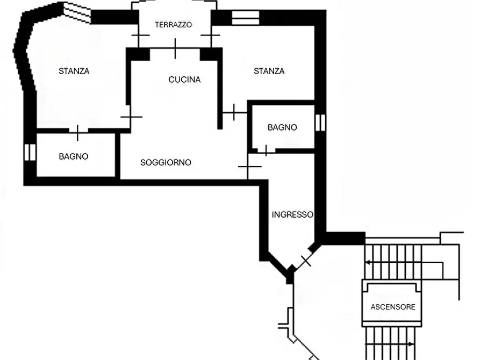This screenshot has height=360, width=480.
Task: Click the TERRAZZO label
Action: coord(173,25)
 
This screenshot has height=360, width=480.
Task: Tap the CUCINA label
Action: coord(184,80)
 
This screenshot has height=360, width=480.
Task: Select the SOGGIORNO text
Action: coord(166,162)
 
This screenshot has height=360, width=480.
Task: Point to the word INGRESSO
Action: coord(292,214)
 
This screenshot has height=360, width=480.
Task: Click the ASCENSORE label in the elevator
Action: coord(392,307)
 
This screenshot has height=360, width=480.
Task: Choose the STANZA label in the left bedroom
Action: coord(74,71)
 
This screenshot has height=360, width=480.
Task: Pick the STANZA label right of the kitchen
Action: coord(269,71)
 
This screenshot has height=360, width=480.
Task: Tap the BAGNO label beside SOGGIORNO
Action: coord(74,156)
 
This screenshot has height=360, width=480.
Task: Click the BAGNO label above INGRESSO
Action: coord(282,127)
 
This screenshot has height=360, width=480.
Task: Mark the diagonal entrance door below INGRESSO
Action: coord(305,261)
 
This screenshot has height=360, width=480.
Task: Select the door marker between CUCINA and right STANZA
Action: coord(234,112)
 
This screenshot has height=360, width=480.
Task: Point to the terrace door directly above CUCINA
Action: coord(175,48)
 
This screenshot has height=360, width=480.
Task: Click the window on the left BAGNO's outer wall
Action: coord(30,152)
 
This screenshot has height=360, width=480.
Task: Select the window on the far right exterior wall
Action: coord(320,123)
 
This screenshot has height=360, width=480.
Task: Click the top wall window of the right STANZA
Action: coord(245,17)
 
